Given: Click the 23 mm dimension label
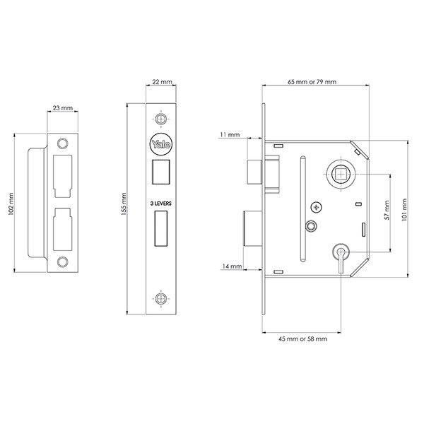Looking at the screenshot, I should tap(63, 108).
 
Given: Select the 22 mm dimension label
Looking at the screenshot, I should tap(163, 83).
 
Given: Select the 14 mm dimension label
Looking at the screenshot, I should tap(232, 266).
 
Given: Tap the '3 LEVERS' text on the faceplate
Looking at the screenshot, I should tap(162, 203).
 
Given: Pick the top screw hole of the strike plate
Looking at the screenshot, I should tap(64, 143).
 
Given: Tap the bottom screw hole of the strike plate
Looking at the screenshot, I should tap(64, 262).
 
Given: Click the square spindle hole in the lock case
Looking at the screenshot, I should tap(341, 173).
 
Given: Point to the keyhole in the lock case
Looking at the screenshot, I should tap(341, 253).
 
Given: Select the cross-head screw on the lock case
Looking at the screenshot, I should tap(316, 207).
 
